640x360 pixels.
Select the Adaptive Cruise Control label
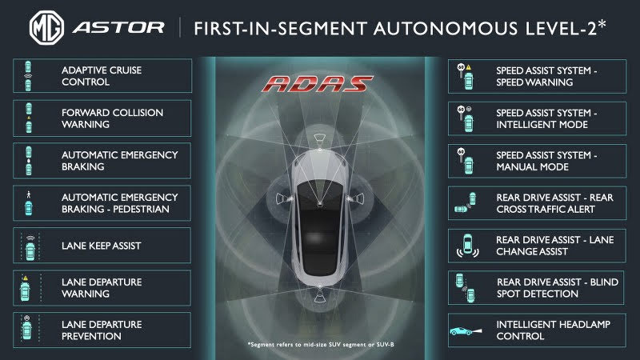(102, 75)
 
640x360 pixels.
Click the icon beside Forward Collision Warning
(30, 118)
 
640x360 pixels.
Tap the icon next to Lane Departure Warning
(30, 287)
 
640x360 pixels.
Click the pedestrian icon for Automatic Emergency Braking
(30, 202)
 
